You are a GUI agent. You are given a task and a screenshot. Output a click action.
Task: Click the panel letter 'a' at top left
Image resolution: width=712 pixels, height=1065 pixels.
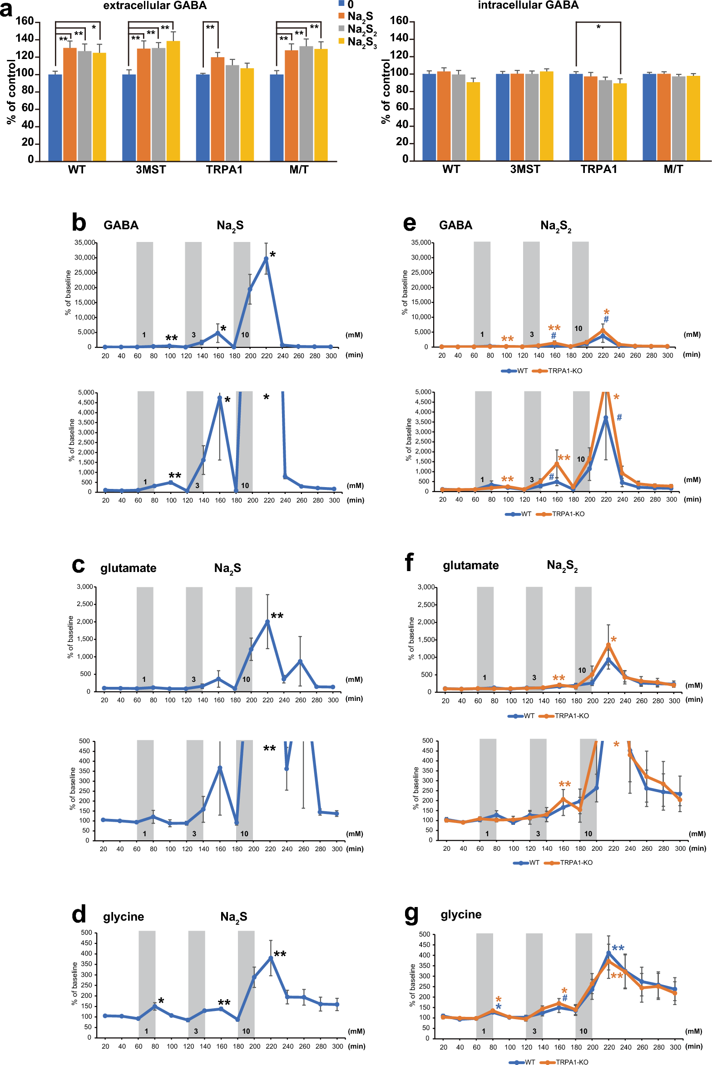[6, 9]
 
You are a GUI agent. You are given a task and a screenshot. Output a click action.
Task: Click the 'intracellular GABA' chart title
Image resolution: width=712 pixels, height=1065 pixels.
[528, 5]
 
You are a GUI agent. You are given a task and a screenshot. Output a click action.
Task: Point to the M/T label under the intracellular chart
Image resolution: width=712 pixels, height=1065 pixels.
[673, 169]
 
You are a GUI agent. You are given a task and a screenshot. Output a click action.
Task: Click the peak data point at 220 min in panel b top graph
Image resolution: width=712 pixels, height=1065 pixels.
[266, 259]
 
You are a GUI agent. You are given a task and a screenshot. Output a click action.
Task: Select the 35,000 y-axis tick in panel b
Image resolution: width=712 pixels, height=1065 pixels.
[85, 242]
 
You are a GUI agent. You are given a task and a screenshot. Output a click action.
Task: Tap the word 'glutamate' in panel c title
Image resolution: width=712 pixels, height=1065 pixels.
[128, 568]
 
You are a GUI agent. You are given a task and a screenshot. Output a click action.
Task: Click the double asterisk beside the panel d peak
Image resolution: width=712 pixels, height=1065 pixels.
[280, 954]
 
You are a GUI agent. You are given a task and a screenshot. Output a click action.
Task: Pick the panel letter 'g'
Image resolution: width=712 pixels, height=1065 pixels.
[411, 914]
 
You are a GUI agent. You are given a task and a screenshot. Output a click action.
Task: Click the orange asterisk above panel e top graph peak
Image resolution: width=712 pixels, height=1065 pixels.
[607, 312]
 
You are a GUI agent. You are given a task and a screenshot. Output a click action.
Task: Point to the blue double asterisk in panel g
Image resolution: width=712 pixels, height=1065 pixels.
[618, 948]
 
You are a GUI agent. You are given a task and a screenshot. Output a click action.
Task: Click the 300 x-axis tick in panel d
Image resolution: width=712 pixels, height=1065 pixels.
[337, 1046]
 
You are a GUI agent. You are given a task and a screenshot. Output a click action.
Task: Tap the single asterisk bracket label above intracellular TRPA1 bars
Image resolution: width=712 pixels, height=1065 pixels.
[598, 27]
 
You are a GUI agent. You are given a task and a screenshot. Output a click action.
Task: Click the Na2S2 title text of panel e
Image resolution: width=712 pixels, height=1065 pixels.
[556, 226]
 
